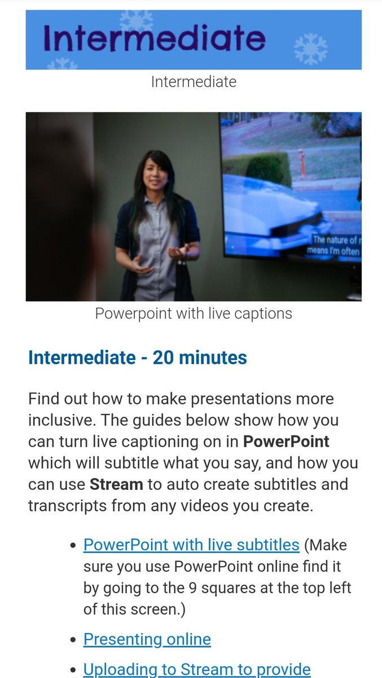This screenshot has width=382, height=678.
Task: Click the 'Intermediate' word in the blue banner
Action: click(153, 38)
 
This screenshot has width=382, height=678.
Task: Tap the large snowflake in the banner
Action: click(311, 49)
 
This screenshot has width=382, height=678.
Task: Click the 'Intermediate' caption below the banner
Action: click(194, 82)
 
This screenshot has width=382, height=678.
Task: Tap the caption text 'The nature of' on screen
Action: click(335, 240)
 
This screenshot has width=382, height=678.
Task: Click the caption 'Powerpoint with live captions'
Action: click(194, 314)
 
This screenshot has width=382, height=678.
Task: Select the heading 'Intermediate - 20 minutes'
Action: click(138, 358)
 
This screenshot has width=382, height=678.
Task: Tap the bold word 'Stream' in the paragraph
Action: click(116, 484)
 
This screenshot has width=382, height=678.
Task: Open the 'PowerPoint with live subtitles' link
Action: click(191, 545)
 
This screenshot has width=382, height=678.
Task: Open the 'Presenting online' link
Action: click(147, 640)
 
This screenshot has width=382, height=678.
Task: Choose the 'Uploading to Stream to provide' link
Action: click(197, 670)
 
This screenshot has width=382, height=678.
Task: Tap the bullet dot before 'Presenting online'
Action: click(72, 641)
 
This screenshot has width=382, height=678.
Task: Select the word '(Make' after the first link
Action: click(326, 545)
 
